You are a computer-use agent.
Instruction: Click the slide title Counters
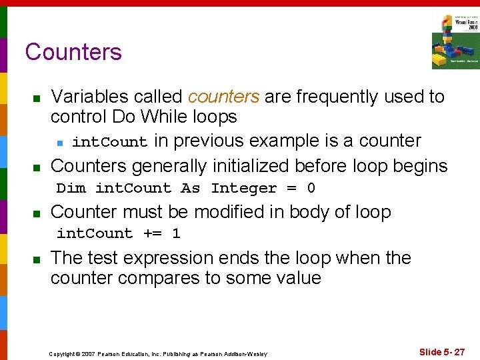pos(73,52)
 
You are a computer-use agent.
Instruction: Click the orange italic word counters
pos(223,97)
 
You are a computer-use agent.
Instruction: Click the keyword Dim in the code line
pos(71,188)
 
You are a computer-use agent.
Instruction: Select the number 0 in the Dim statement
pos(311,188)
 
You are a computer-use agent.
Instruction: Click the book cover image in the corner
pos(455,41)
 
